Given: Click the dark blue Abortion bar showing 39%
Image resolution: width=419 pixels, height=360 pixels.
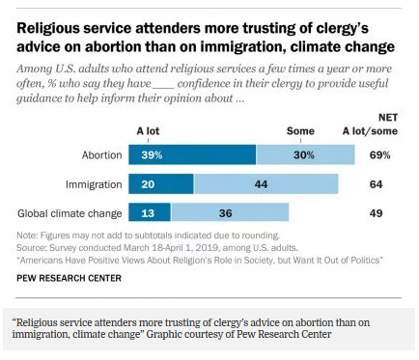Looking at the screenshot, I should [197, 154].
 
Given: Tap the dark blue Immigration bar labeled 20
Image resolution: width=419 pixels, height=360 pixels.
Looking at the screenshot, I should [165, 184].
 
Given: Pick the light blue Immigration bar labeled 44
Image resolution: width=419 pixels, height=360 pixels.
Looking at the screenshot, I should [265, 184].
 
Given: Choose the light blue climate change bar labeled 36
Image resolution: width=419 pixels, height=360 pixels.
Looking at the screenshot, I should [223, 213].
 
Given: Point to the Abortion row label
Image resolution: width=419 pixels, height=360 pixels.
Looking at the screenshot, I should [102, 154].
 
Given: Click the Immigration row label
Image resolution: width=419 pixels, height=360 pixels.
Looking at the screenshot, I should [96, 184].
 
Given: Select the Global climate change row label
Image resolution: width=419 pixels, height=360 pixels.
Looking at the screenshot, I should [71, 213].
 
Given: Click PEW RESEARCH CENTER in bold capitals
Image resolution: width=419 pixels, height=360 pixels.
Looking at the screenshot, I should [70, 278].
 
